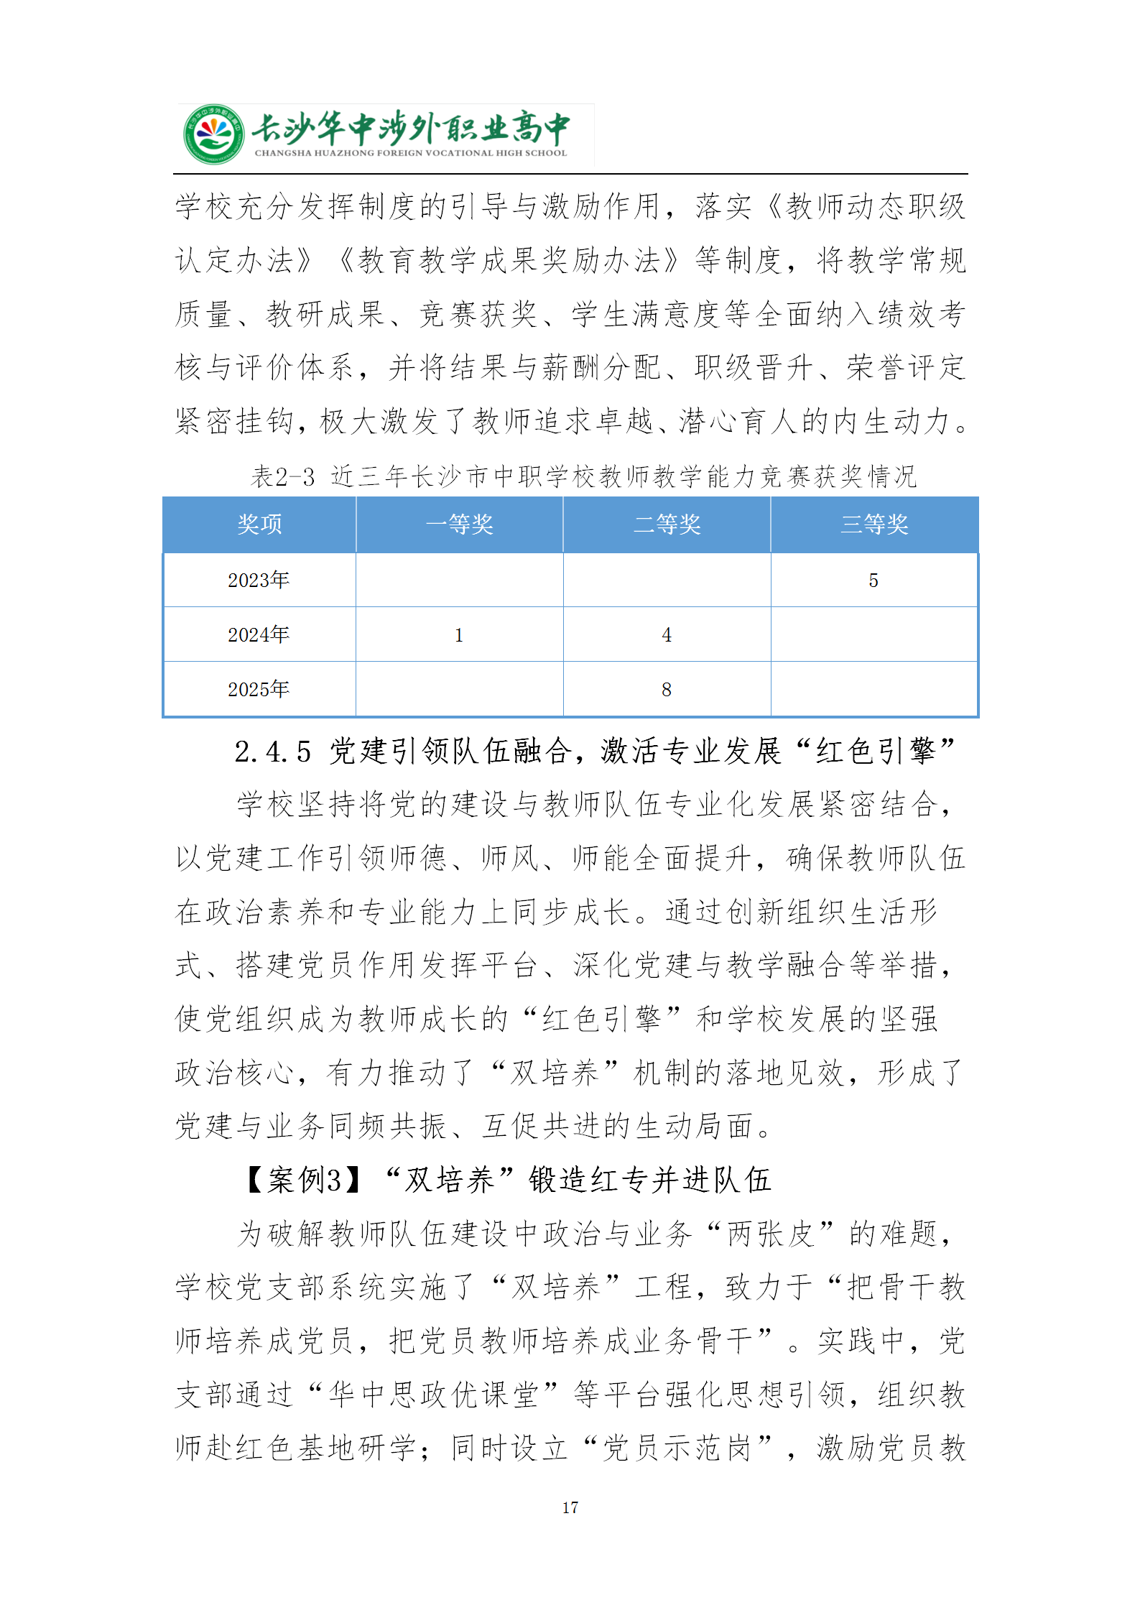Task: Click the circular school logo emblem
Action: [213, 134]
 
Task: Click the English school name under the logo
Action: [410, 153]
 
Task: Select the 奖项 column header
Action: [259, 524]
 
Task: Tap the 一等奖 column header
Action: [459, 524]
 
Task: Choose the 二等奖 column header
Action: [667, 524]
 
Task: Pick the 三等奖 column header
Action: [874, 524]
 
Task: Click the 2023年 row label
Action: [259, 580]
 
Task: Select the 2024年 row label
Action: [259, 634]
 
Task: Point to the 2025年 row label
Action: [259, 689]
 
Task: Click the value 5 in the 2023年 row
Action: [873, 581]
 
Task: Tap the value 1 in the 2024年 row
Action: [459, 635]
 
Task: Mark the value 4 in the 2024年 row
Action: [667, 635]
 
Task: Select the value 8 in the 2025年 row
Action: [667, 690]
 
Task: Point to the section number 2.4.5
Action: [273, 752]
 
